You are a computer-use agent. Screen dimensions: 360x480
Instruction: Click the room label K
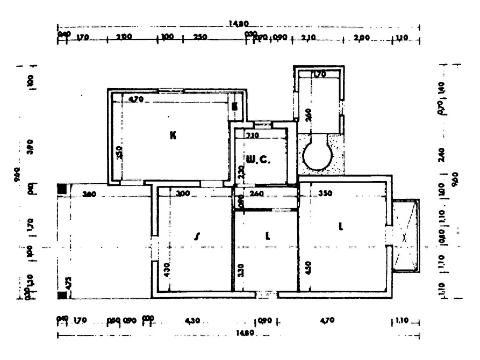(x=173, y=135)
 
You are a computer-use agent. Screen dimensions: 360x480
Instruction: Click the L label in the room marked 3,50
(x=340, y=227)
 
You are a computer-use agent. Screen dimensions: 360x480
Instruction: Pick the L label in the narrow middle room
(x=268, y=235)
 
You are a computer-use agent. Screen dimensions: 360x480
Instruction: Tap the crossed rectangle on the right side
(x=406, y=236)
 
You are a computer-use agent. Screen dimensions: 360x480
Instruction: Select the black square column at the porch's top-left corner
(x=62, y=189)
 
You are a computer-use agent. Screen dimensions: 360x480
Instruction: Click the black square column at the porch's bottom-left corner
(x=62, y=294)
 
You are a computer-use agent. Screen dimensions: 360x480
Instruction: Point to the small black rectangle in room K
(x=234, y=106)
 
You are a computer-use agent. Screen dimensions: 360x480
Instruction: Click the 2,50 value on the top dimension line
(x=200, y=38)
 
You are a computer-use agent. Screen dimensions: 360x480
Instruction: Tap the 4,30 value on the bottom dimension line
(x=192, y=321)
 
